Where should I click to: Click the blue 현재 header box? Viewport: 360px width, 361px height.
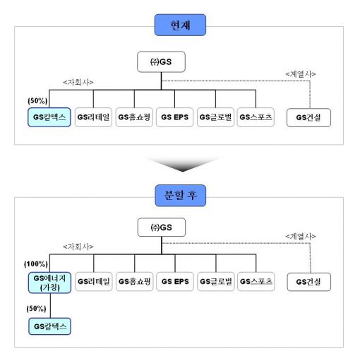pos(180,25)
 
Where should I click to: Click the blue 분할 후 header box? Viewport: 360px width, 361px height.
pos(181,196)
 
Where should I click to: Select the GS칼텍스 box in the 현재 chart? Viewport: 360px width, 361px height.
pos(49,117)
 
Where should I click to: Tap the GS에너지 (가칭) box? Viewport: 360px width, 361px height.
pos(49,283)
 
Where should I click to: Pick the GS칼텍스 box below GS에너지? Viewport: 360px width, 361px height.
pos(49,326)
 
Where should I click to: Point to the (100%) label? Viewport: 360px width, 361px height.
pos(36,264)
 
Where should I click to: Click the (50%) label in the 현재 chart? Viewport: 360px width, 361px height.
pos(37,101)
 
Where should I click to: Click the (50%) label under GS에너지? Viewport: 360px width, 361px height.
pos(36,309)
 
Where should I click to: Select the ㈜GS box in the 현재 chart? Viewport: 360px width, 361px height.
pos(161,62)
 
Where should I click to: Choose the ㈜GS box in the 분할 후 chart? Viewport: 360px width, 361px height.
pos(162,227)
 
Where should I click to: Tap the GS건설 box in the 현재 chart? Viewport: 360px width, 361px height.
pos(308,117)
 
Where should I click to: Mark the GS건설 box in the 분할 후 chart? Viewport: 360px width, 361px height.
pos(308,282)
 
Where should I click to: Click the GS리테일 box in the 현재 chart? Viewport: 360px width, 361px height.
pos(93,117)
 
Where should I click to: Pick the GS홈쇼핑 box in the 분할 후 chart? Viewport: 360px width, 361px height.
pos(134,282)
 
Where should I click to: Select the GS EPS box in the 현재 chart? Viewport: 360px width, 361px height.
pos(175,117)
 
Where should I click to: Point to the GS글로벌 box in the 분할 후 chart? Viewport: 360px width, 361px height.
pos(216,282)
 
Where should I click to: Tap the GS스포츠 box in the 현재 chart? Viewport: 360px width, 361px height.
pos(256,117)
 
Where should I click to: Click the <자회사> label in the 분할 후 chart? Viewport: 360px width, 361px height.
pos(78,247)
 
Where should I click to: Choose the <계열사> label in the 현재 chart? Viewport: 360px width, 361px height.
pos(301,74)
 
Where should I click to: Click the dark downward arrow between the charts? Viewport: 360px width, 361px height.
pos(182,165)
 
